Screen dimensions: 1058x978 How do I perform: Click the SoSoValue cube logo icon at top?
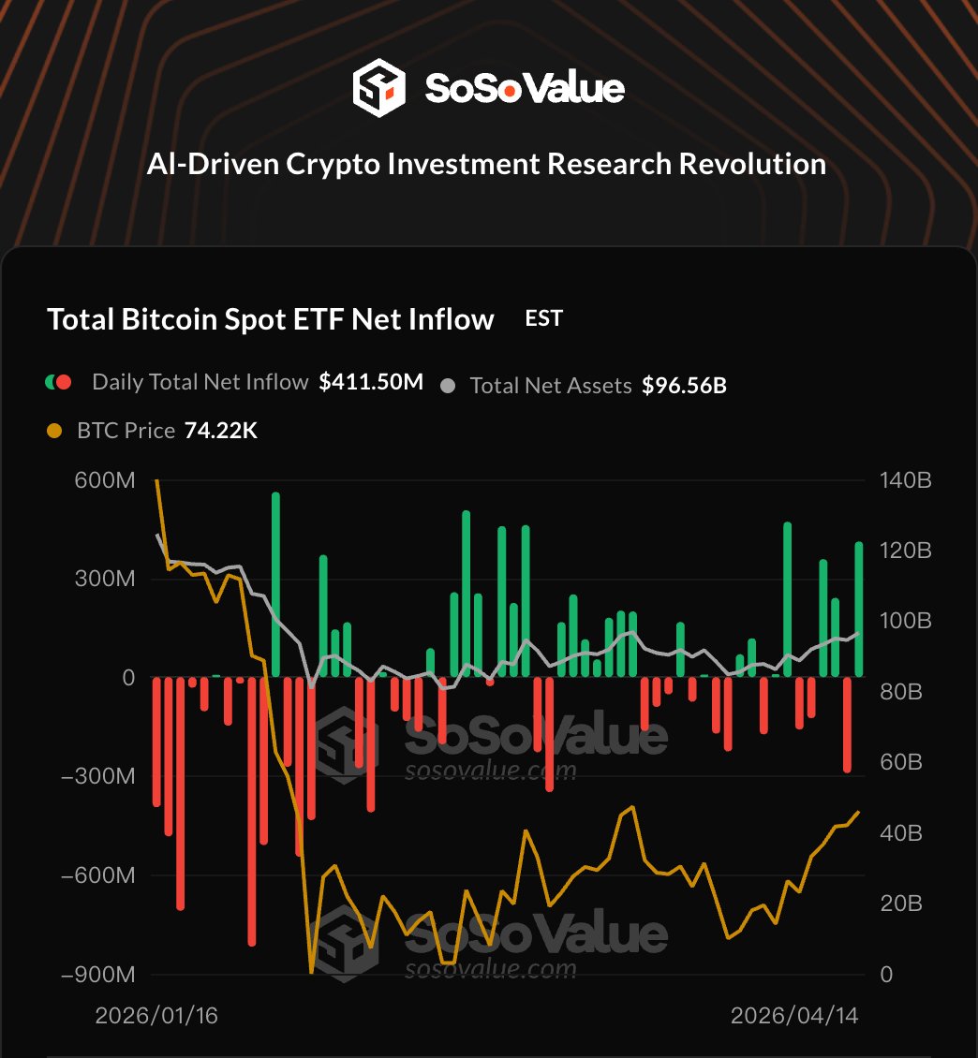(x=378, y=88)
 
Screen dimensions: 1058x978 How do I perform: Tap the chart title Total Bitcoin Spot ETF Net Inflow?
(x=271, y=320)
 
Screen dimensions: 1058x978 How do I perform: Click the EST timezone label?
(x=544, y=318)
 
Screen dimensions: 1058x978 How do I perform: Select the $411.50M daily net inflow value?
(x=371, y=382)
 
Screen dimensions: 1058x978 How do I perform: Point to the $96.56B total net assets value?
(x=684, y=385)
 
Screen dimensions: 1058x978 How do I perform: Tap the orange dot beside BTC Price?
(x=55, y=431)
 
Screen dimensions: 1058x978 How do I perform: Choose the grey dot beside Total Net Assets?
(x=449, y=385)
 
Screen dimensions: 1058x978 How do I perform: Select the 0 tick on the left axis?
(x=128, y=677)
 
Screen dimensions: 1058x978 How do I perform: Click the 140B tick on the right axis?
(x=906, y=480)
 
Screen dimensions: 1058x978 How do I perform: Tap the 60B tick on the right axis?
(x=902, y=763)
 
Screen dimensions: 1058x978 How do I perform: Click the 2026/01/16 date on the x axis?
(x=156, y=1016)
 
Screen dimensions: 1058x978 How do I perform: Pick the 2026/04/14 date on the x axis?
(x=794, y=1016)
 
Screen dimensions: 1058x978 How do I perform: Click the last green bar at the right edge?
(x=859, y=609)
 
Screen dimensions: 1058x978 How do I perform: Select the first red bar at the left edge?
(x=156, y=740)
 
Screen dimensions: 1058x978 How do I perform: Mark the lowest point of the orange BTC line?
(x=312, y=972)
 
